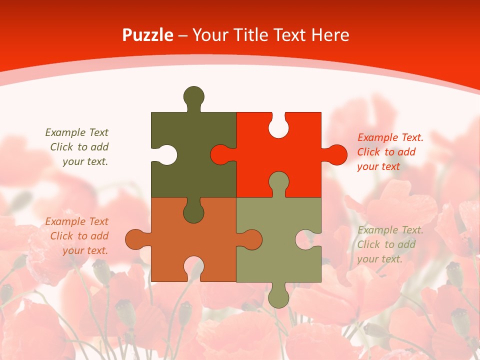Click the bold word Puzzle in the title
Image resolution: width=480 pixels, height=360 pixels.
pos(148,35)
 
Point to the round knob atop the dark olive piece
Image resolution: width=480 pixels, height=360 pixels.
pos(193,96)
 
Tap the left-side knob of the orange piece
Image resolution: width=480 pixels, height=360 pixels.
pos(135,239)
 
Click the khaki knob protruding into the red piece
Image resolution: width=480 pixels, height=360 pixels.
pos(278,182)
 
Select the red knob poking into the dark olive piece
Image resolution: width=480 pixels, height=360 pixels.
pos(220,154)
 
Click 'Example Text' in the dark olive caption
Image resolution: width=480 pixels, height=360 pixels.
pos(77,132)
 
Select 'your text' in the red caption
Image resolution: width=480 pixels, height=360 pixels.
pos(378,166)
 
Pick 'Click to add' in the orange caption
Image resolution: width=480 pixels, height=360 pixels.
pos(79,236)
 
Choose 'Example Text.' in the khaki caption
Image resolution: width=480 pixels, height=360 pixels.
pos(390,230)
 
